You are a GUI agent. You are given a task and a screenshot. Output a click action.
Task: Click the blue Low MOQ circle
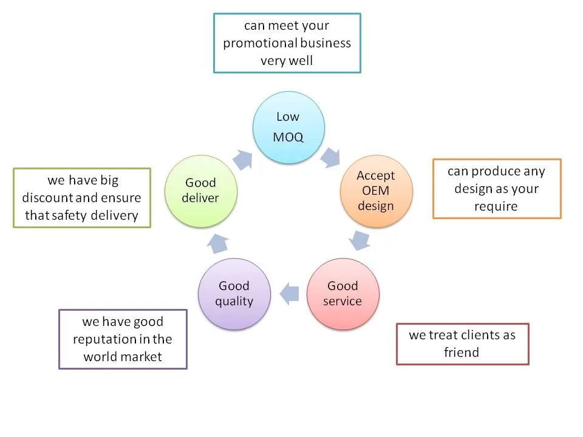pos(288,127)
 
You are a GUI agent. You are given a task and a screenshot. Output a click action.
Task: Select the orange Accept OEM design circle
pos(376,191)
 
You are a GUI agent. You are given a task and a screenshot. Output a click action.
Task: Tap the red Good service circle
pos(343,294)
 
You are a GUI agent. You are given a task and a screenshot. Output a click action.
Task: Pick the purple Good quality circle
pos(234,294)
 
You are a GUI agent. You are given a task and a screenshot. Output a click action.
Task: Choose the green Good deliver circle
pos(201,191)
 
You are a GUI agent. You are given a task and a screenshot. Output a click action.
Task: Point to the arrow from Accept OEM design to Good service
pos(360,239)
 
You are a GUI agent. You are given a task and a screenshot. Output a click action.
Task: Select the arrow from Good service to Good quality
pos(290,294)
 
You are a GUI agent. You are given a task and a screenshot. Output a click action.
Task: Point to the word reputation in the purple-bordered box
pos(105,339)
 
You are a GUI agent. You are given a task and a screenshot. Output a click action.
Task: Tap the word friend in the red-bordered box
pos(462,353)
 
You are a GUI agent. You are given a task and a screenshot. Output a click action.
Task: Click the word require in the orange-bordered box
pos(496,206)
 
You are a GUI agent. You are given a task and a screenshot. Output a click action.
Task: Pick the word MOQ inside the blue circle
pos(288,137)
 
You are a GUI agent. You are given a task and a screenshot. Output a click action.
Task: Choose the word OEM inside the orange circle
pos(375,191)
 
